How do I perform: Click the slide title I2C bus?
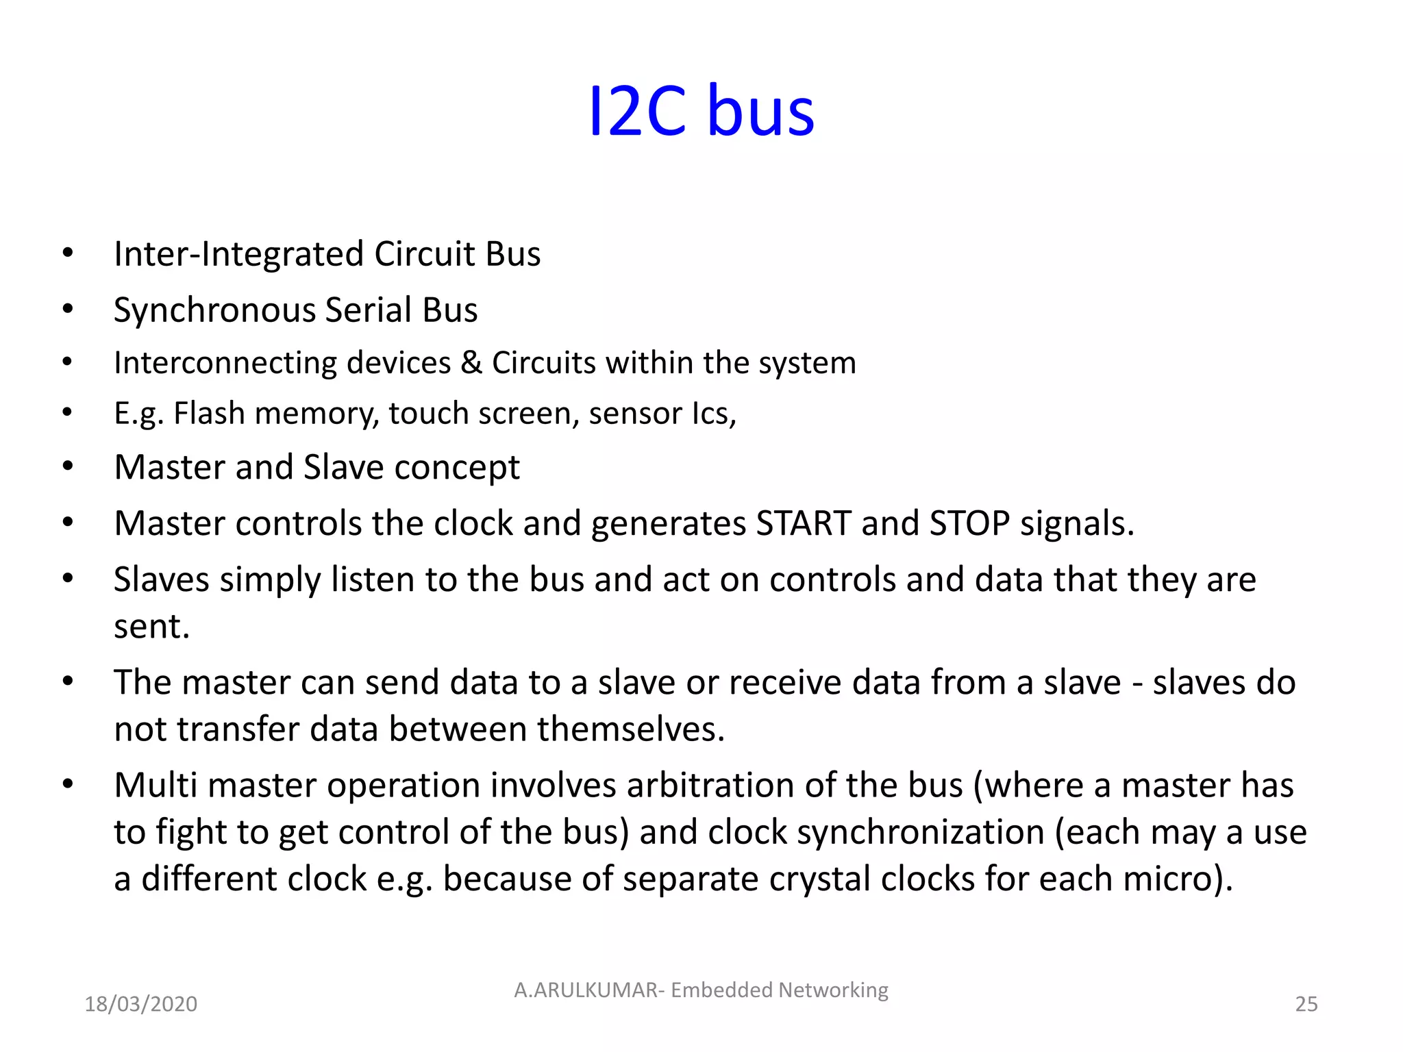pyautogui.click(x=701, y=111)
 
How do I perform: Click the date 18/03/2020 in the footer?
pyautogui.click(x=140, y=1004)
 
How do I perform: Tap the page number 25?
pyautogui.click(x=1306, y=1004)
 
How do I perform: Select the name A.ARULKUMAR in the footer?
pyautogui.click(x=586, y=990)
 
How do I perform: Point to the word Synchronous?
pyautogui.click(x=214, y=310)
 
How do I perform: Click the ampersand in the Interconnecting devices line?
pyautogui.click(x=471, y=363)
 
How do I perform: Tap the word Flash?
pyautogui.click(x=209, y=414)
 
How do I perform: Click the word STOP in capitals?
pyautogui.click(x=969, y=524)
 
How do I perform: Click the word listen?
pyautogui.click(x=373, y=580)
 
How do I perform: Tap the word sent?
pyautogui.click(x=151, y=627)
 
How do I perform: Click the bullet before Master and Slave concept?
pyautogui.click(x=67, y=467)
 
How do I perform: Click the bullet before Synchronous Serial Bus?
pyautogui.click(x=67, y=310)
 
